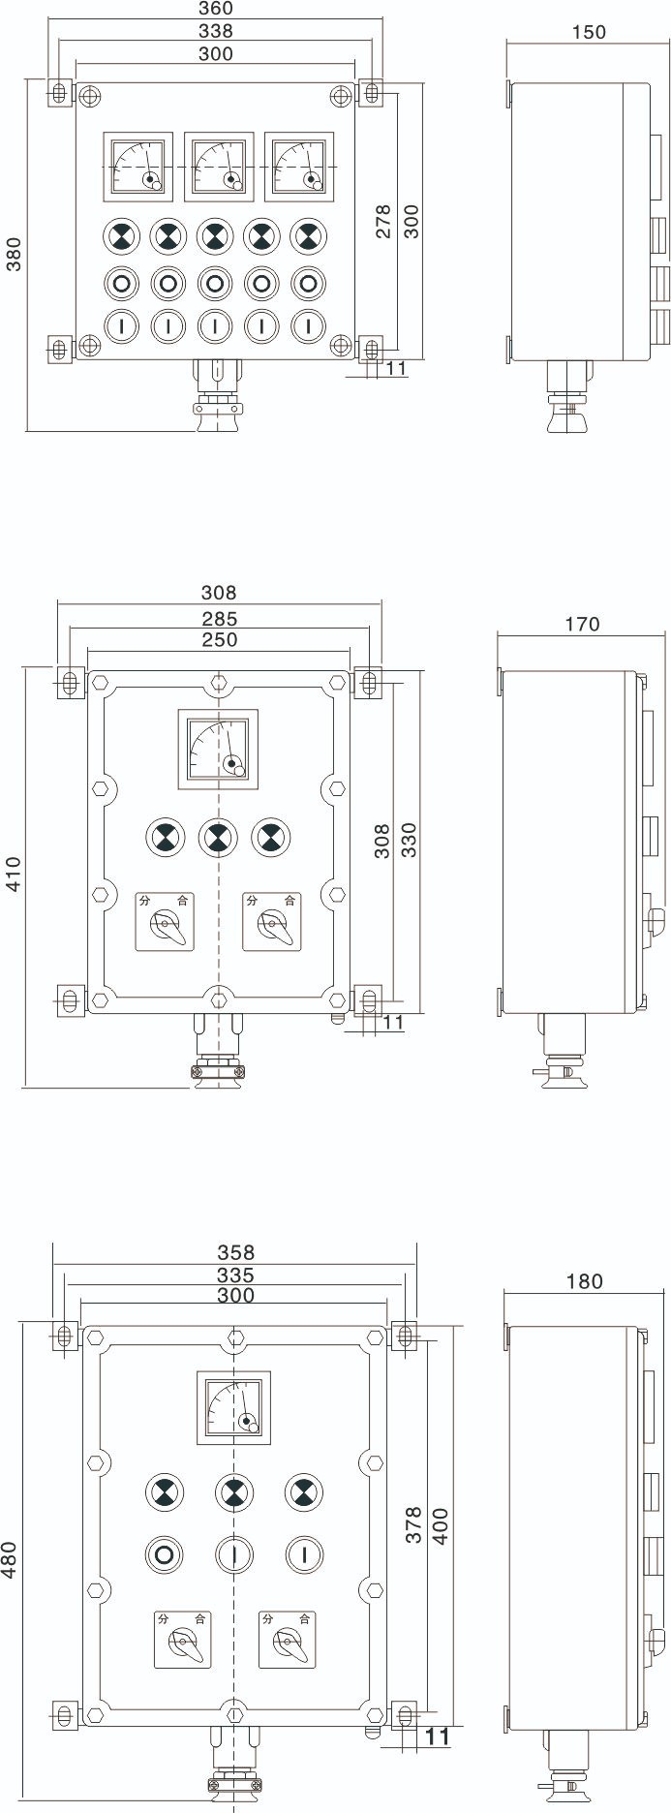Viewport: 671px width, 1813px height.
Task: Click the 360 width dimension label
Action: [x=215, y=9]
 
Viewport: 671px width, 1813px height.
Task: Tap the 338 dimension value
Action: [x=215, y=31]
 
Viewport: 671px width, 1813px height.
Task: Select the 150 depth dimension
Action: [x=589, y=32]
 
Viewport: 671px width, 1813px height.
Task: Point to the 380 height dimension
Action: [x=15, y=254]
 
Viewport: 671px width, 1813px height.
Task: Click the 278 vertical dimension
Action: [x=383, y=222]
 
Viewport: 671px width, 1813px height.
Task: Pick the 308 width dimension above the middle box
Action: [x=219, y=592]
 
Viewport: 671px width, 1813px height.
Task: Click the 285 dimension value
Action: [x=219, y=618]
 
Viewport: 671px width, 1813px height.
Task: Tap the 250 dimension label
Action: [x=219, y=639]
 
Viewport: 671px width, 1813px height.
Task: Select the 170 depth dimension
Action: [x=581, y=625]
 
